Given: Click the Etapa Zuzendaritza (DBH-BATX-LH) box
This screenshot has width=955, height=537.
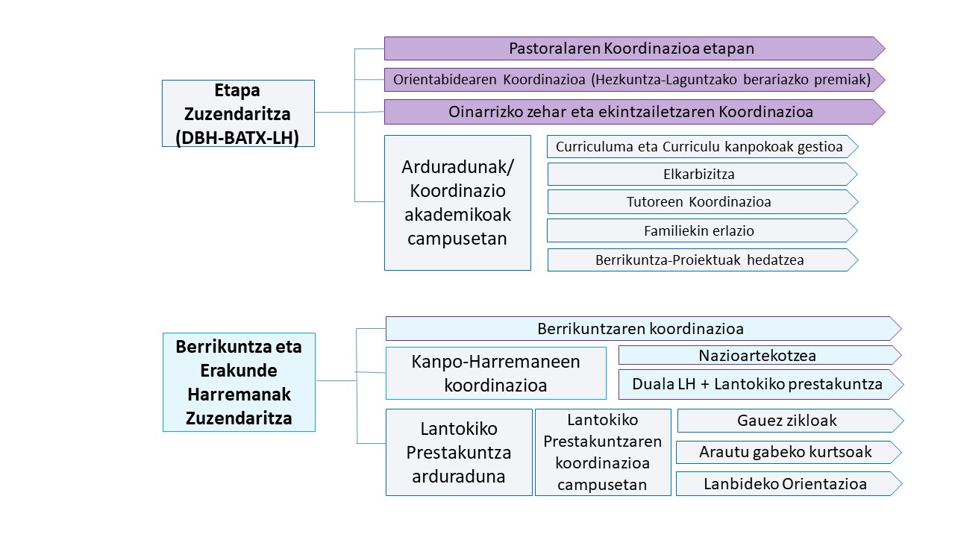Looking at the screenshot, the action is pyautogui.click(x=238, y=113).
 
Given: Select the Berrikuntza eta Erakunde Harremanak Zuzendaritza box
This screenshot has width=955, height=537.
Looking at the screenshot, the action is pyautogui.click(x=239, y=383).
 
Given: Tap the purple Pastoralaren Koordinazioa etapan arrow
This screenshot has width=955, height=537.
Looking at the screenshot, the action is pyautogui.click(x=634, y=48).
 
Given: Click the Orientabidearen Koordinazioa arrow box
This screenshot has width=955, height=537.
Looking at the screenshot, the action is pyautogui.click(x=634, y=80).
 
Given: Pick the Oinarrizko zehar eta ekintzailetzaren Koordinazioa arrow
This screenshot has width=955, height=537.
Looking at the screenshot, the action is pyautogui.click(x=634, y=112).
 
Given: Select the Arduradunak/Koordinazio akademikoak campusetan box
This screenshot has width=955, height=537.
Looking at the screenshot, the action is pyautogui.click(x=457, y=203).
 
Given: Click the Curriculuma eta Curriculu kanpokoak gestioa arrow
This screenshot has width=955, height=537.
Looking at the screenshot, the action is pyautogui.click(x=703, y=147).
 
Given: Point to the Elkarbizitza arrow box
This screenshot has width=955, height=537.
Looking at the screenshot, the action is pyautogui.click(x=703, y=175).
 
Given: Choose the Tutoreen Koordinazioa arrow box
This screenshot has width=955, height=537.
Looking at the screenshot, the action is pyautogui.click(x=703, y=202).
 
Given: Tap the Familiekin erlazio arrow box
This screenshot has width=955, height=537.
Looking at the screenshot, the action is pyautogui.click(x=703, y=231).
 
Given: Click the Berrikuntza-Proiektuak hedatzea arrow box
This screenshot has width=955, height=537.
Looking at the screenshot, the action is pyautogui.click(x=703, y=260).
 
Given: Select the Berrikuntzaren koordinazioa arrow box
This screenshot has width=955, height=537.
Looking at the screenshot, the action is pyautogui.click(x=643, y=329).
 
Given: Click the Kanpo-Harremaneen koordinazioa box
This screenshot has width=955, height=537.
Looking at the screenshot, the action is pyautogui.click(x=496, y=374).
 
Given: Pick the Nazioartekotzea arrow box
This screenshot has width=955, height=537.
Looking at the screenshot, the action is pyautogui.click(x=760, y=355).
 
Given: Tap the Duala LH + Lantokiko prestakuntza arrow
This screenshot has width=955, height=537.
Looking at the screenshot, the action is pyautogui.click(x=761, y=384).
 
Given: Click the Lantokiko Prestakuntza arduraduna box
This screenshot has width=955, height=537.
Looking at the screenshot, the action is pyautogui.click(x=459, y=453).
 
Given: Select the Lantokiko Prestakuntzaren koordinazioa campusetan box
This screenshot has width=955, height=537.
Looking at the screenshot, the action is pyautogui.click(x=603, y=453).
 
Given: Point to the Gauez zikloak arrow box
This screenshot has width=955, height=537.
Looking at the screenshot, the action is pyautogui.click(x=790, y=421).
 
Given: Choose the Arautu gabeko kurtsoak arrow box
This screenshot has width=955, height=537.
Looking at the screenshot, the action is pyautogui.click(x=789, y=452).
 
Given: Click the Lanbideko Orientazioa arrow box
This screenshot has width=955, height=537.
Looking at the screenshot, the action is pyautogui.click(x=789, y=484).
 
